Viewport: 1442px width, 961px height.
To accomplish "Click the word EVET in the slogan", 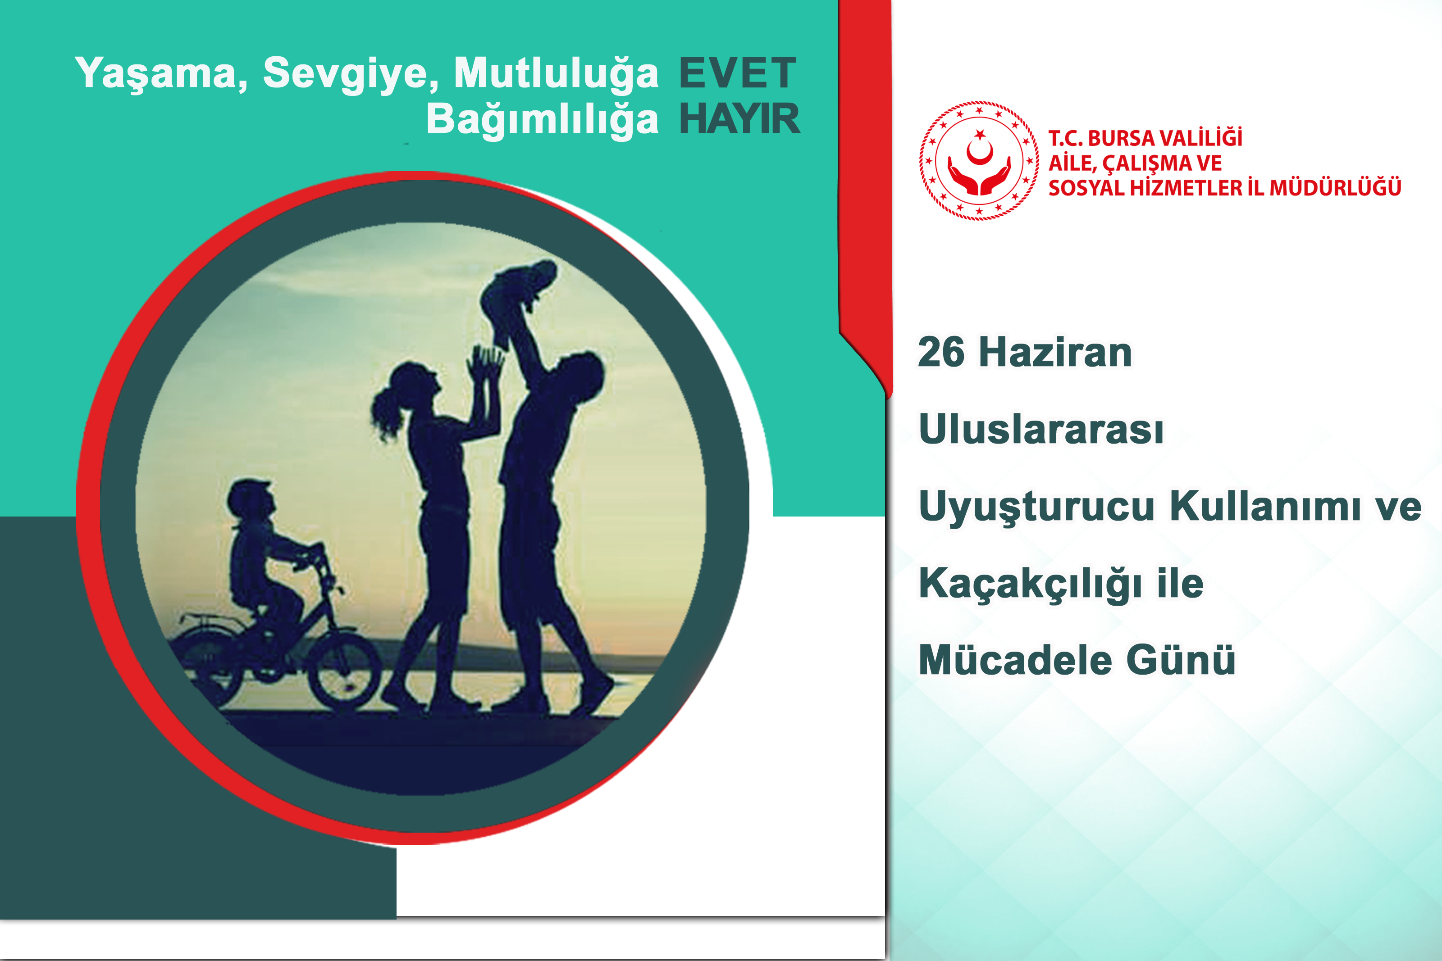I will (x=738, y=73).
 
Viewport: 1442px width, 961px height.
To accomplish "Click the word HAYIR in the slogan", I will (x=739, y=119).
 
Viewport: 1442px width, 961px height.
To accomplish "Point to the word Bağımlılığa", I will (x=542, y=119).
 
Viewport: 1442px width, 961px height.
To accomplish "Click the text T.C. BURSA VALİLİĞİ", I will (x=1145, y=138).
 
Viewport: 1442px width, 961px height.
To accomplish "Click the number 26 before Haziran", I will (x=941, y=353).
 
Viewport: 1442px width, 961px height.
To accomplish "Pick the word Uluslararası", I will (x=1040, y=429).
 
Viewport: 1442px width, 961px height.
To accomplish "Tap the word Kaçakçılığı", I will (x=1030, y=584).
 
